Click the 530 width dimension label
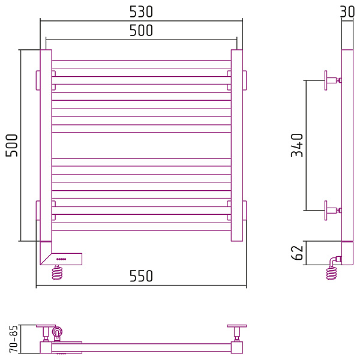tap(141, 12)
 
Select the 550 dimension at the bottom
tap(141, 276)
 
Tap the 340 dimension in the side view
tap(297, 145)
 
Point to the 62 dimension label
tap(297, 253)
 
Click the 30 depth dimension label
tap(347, 12)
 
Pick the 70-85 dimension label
tap(14, 338)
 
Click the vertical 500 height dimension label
tap(11, 146)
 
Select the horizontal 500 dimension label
tap(141, 31)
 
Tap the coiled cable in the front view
tap(57, 273)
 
